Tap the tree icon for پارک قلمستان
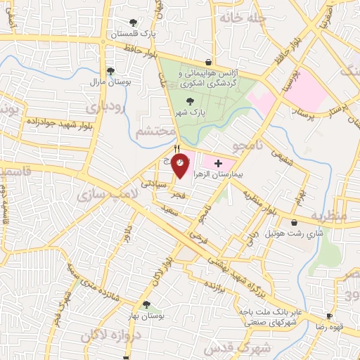tap(134, 23)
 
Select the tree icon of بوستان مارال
tap(111, 71)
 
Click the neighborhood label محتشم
tap(152, 131)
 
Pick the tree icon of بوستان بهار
tap(146, 305)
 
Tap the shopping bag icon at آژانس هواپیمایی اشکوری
tap(207, 61)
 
